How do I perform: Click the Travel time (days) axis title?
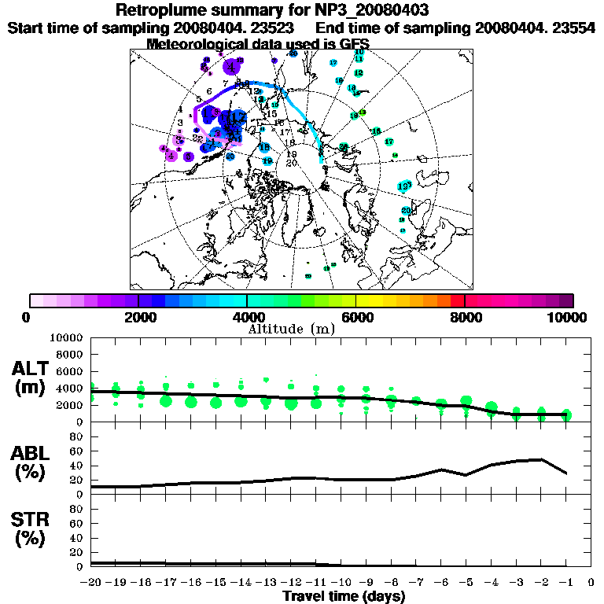click(344, 596)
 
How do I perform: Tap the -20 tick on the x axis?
click(91, 582)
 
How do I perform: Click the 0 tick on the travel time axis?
click(591, 582)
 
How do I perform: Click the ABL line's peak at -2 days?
click(541, 459)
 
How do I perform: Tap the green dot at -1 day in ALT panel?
click(566, 415)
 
